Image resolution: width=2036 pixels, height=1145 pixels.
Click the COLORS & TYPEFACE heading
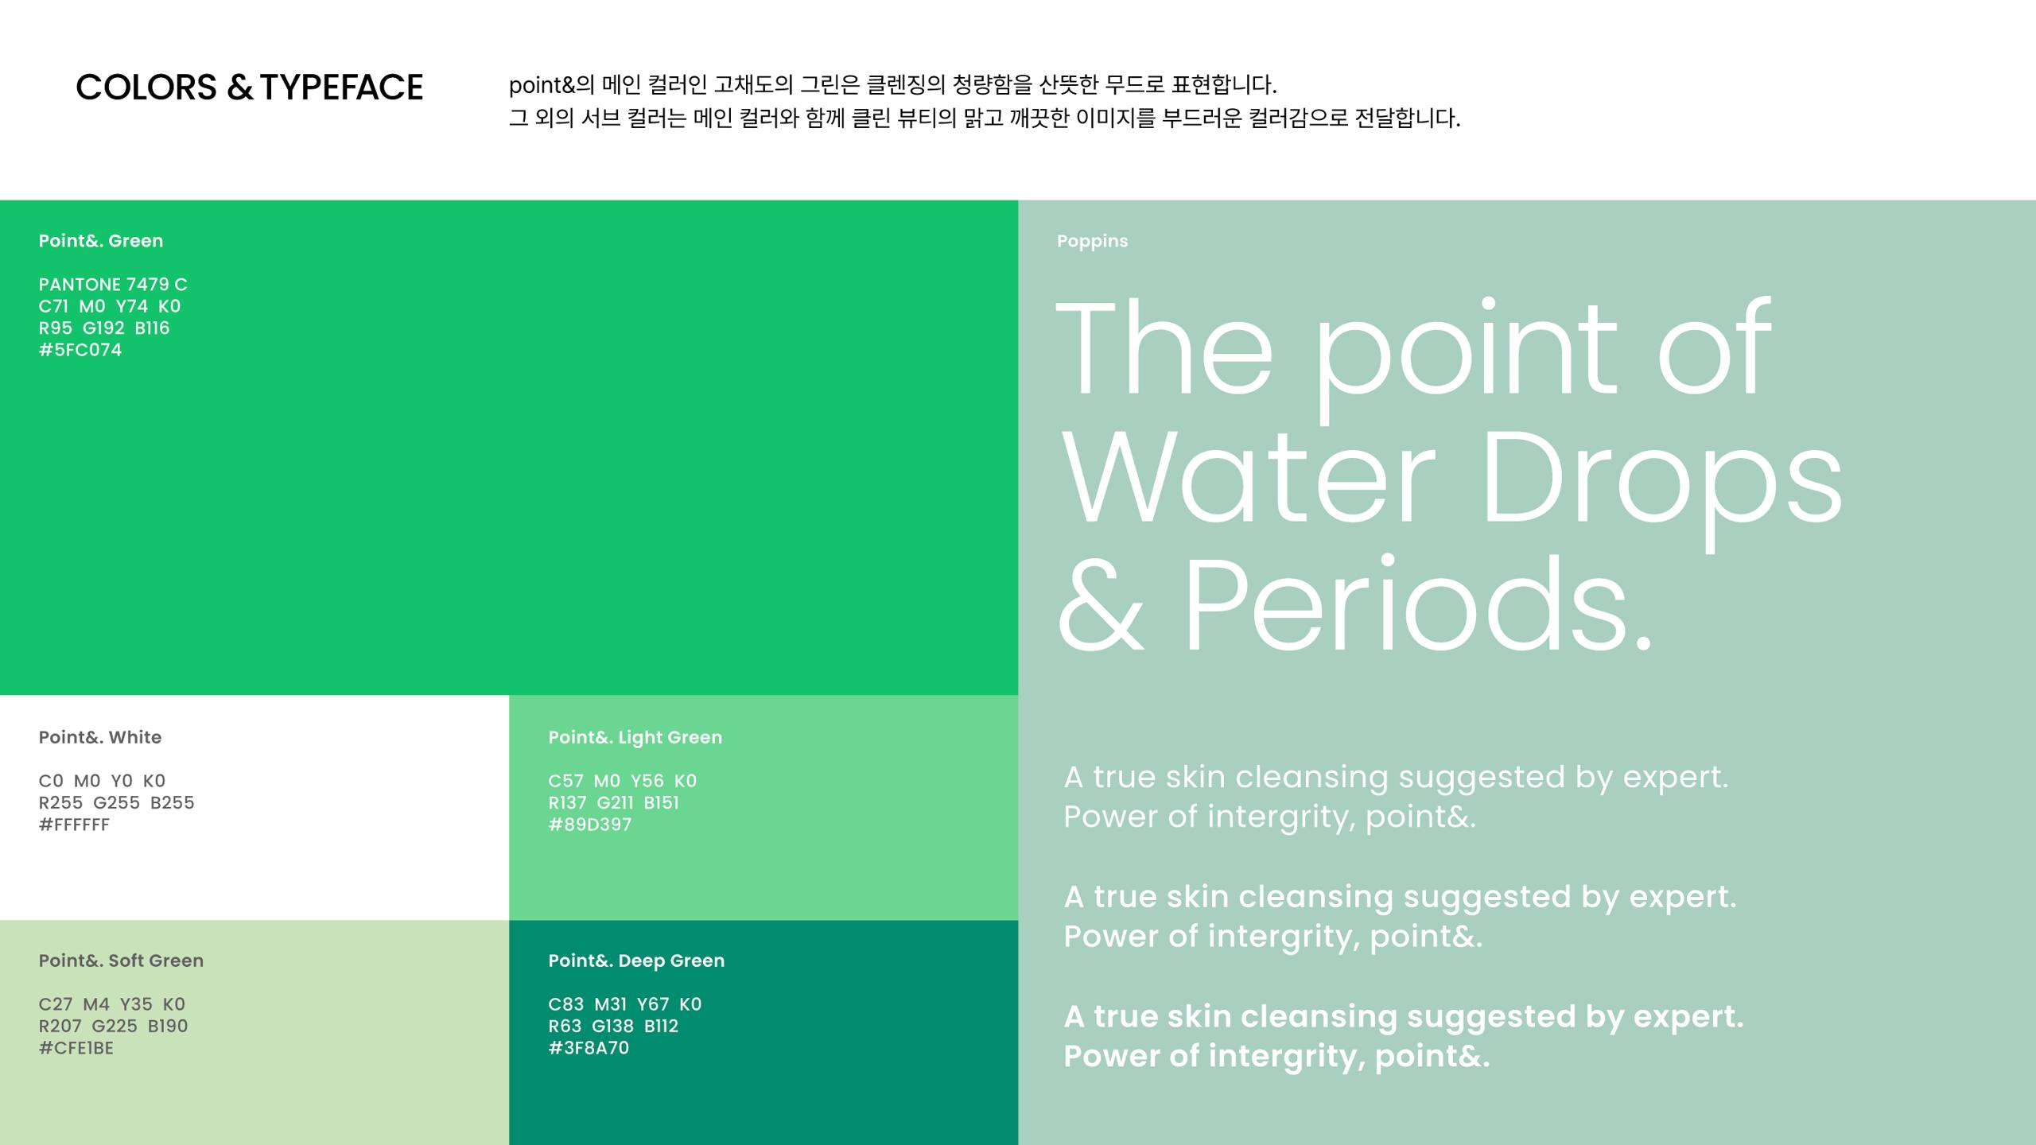[249, 87]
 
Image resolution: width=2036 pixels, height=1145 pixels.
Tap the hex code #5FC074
[80, 350]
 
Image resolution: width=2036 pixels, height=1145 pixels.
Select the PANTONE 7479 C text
[113, 285]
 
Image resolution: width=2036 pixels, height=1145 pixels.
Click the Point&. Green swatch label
[101, 241]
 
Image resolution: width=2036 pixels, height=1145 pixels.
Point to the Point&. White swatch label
[100, 737]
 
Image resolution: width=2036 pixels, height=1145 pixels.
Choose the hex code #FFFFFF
[74, 825]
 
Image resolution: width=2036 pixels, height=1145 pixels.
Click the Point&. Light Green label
[635, 738]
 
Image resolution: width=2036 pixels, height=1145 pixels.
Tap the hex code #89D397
[590, 825]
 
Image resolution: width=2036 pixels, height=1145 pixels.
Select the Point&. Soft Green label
[121, 961]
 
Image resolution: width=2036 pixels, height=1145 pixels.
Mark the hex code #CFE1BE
[76, 1048]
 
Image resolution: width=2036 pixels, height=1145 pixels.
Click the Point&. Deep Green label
[636, 961]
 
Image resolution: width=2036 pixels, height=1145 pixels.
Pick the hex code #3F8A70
[589, 1048]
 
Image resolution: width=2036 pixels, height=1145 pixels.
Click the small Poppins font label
[1092, 242]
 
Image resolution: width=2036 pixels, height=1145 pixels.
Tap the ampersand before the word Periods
[1102, 604]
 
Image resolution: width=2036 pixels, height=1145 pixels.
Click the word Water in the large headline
[1249, 477]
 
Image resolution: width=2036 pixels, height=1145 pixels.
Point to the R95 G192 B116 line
[104, 328]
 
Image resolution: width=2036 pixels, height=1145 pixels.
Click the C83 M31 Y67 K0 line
[625, 1004]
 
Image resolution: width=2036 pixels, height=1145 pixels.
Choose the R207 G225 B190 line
[114, 1026]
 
